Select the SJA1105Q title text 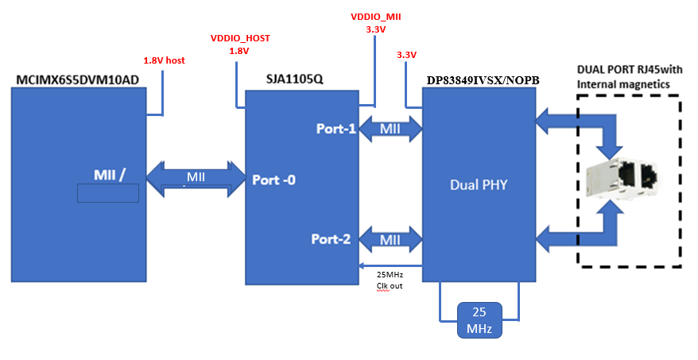point(296,81)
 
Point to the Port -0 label point(273,180)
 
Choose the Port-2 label point(331,238)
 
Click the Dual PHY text point(479,184)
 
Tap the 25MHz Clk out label point(390,280)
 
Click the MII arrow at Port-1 point(390,128)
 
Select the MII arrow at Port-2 point(390,239)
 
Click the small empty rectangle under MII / point(107,193)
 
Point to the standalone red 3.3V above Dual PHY point(406,56)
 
